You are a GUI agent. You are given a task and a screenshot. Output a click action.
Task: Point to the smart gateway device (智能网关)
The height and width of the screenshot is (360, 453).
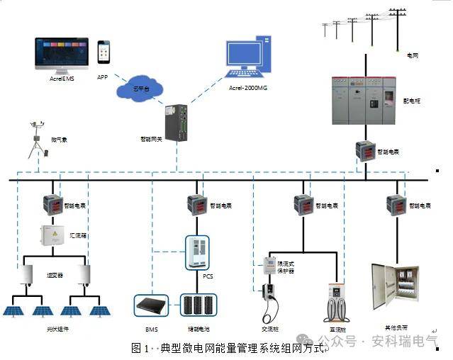click(175, 118)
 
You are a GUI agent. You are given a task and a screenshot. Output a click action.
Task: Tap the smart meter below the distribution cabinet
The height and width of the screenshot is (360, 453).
click(366, 150)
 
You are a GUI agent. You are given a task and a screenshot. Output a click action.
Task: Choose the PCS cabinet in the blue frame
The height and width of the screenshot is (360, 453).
click(198, 251)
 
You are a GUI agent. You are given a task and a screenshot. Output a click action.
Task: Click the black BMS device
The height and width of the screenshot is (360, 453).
click(151, 306)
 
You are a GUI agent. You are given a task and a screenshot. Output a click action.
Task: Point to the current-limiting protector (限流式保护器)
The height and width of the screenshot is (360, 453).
click(269, 266)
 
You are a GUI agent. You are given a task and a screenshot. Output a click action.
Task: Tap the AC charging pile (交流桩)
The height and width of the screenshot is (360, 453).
click(269, 300)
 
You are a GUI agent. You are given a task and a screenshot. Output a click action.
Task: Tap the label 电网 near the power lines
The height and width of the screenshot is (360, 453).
click(411, 54)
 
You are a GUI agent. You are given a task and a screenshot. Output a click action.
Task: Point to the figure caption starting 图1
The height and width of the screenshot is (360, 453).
click(230, 349)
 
